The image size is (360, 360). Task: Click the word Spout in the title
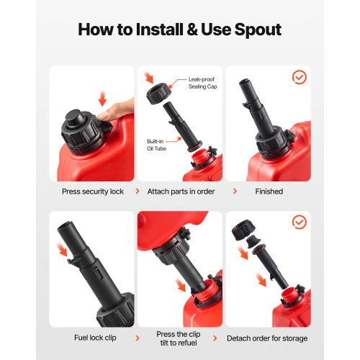pos(258,30)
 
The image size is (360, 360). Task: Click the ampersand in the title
pos(192,30)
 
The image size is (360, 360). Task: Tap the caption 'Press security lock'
pos(93,192)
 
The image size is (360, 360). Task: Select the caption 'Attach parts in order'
pos(181,192)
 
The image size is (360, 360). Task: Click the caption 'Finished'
pos(269,192)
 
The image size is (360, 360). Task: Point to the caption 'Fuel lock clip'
pos(95,338)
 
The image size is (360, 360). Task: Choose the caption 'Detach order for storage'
pos(267,338)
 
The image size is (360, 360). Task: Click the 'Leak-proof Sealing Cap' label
pos(202,83)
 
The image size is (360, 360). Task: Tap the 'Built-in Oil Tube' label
pos(156,145)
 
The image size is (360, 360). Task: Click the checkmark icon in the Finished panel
pos(300,77)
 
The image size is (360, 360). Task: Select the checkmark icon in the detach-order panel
pos(300,222)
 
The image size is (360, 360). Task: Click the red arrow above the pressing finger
pos(102,99)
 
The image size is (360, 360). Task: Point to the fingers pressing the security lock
pos(116,110)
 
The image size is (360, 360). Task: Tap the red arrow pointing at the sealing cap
pos(149,77)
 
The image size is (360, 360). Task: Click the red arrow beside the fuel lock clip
pos(62,250)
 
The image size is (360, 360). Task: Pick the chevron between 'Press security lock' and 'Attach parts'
pos(138,192)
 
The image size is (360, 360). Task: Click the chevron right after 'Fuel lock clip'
pos(138,338)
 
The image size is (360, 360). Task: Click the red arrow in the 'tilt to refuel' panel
pos(181,285)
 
